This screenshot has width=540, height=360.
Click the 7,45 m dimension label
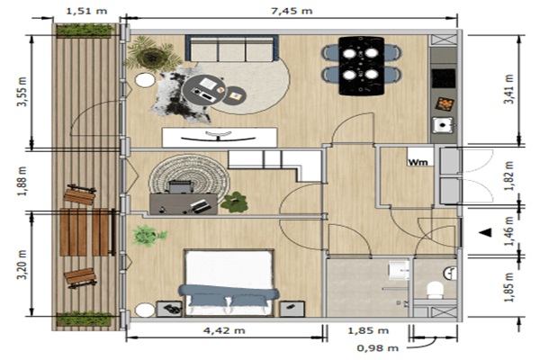point(292,11)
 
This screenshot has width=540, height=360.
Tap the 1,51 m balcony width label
point(86,11)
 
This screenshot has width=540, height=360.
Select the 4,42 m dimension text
point(224,330)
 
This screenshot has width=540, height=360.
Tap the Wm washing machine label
point(418,162)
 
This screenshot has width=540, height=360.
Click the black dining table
point(361,66)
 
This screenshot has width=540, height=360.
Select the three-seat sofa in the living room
point(232,48)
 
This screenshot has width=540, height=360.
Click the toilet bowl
point(435,290)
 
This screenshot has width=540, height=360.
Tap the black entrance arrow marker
point(486,232)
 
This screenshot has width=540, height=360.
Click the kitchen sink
point(443,124)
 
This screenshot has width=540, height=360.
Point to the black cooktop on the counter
point(444,78)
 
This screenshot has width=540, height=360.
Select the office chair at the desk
point(181,187)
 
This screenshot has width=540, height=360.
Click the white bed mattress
point(229,270)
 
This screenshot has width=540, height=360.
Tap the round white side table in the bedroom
point(145,310)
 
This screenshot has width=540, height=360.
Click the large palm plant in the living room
point(152,55)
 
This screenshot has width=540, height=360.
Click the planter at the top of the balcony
point(85,31)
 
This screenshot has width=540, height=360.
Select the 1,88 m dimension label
point(22,181)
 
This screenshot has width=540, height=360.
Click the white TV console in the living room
point(220,138)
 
